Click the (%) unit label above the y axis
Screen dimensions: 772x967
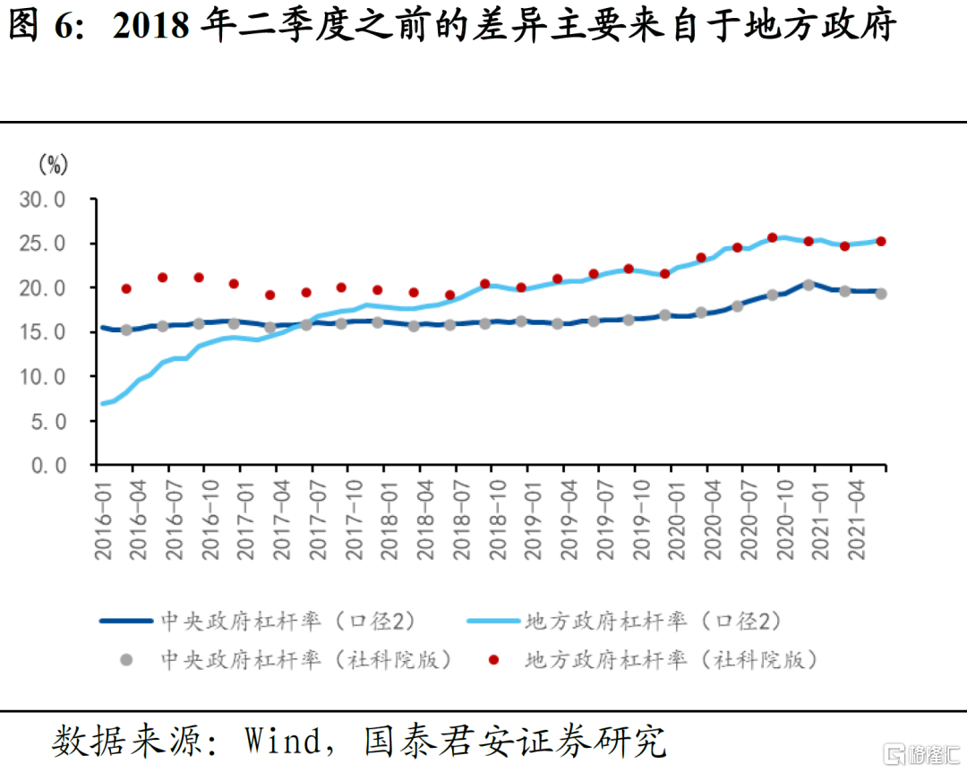53,164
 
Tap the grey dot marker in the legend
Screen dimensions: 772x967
126,661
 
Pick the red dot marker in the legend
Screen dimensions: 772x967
492,661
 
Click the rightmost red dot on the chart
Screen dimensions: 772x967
881,241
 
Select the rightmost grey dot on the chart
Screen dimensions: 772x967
881,294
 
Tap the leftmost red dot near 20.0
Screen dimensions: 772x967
126,288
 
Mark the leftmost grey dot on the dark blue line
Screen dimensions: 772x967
126,330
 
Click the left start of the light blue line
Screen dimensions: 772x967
101,404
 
